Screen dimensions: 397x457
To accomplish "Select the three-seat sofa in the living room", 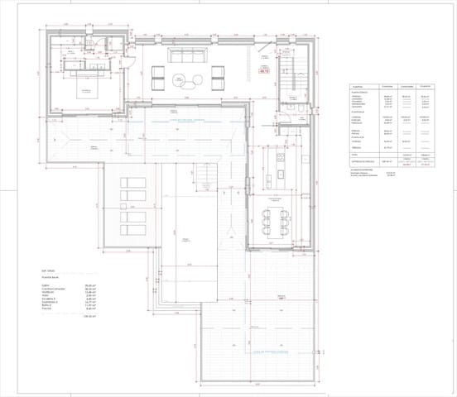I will [186, 55].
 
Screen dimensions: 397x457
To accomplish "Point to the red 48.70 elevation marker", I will [265, 73].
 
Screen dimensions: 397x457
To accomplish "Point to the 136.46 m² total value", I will [90, 316].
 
